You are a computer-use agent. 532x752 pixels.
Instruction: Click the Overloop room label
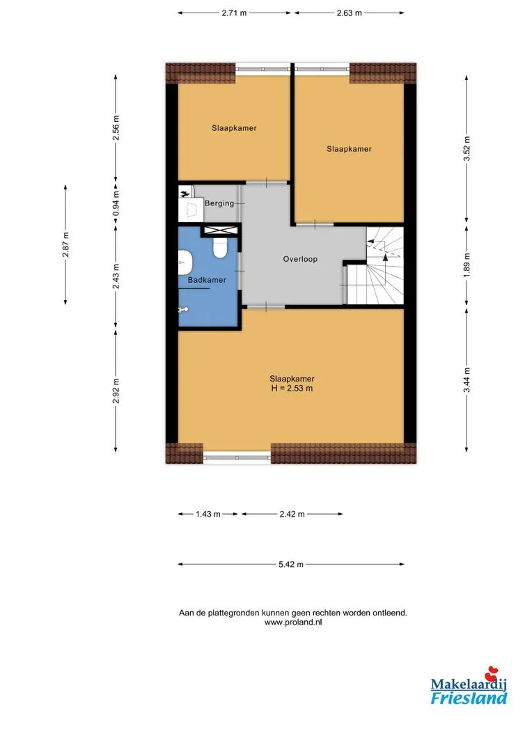(300, 259)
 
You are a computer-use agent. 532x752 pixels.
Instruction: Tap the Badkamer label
(207, 280)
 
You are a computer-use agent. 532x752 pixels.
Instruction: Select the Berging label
(219, 203)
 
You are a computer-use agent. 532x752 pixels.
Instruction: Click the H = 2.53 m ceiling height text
(292, 389)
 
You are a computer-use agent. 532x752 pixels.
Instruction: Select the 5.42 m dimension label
(291, 565)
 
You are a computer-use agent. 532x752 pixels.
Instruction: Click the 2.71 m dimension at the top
(234, 13)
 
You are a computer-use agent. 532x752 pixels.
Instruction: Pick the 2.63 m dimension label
(349, 13)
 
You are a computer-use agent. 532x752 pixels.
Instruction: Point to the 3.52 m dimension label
(467, 149)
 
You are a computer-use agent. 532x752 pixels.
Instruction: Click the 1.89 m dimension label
(467, 265)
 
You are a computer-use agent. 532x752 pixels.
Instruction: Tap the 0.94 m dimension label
(116, 203)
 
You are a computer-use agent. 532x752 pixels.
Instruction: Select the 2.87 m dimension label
(65, 244)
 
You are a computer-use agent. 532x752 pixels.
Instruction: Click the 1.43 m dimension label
(208, 514)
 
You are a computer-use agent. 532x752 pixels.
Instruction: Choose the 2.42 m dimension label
(292, 514)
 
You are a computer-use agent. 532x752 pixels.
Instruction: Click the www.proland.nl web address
(293, 622)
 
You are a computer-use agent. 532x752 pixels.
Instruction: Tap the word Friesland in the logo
(469, 698)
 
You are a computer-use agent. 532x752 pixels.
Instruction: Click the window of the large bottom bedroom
(237, 457)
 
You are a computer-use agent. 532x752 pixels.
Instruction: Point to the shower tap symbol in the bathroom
(184, 309)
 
